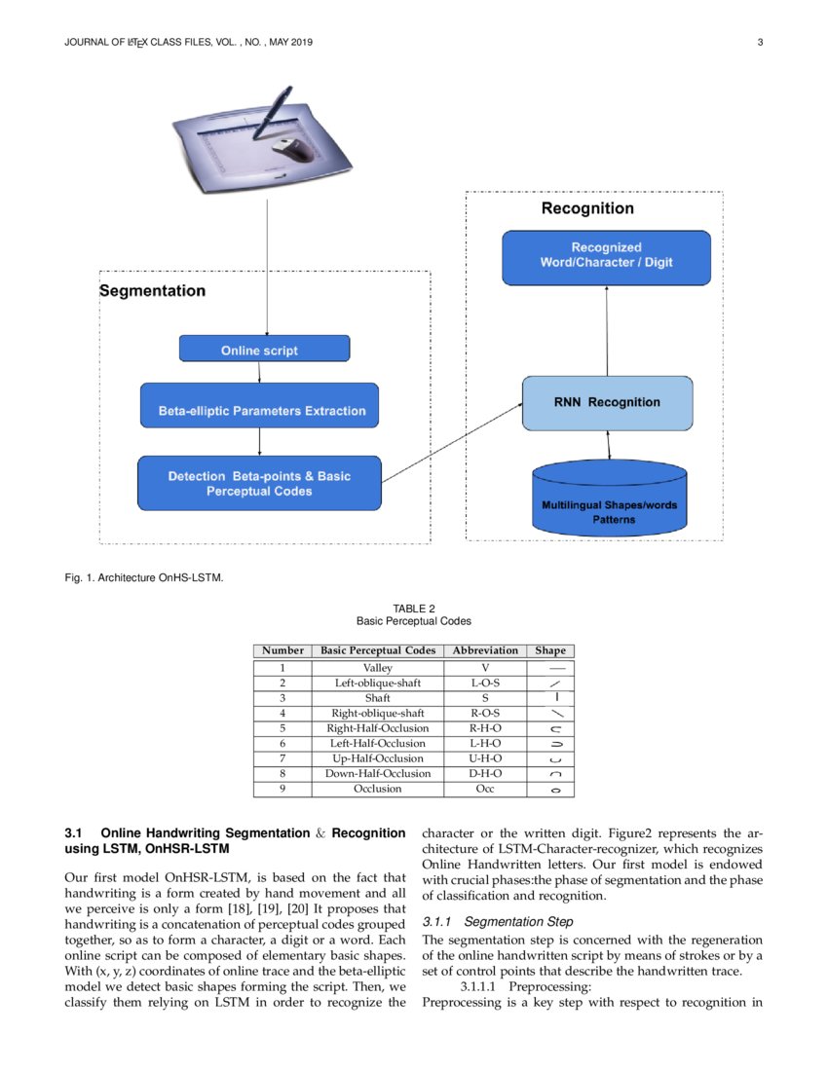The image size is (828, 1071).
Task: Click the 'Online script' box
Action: coord(264,350)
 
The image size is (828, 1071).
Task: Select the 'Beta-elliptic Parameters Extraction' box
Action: coord(261,411)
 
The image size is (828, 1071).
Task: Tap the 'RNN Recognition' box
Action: coord(608,402)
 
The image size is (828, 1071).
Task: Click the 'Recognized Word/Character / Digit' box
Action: coord(606,255)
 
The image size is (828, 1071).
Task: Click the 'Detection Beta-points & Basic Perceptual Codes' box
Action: coord(259,484)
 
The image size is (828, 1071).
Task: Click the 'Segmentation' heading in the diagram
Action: coord(153,291)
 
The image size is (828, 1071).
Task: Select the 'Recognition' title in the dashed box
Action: coord(586,208)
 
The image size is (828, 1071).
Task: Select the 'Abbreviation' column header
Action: coord(484,650)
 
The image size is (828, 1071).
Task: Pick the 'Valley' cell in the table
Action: coord(377,668)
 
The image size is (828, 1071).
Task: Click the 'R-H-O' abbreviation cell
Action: coord(485,728)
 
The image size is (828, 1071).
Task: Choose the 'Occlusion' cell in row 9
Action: coord(377,789)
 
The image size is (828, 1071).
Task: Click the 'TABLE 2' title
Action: coord(413,609)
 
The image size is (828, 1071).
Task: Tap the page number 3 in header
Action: coord(759,41)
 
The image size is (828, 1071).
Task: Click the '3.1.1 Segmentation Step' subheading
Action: coord(498,921)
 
